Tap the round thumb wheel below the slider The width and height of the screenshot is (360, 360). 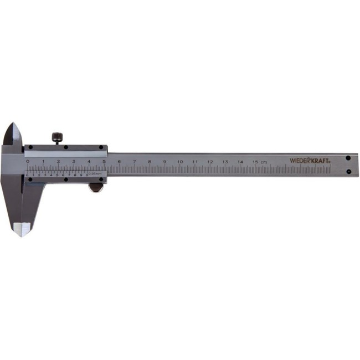click(96, 188)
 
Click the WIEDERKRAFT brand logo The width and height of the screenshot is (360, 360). click(310, 161)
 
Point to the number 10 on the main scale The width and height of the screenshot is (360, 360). click(179, 162)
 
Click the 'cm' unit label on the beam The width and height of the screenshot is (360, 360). click(264, 162)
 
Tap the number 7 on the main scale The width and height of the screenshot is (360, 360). click(134, 162)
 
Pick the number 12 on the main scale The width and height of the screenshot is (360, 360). click(210, 162)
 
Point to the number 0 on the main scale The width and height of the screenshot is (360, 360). click(28, 162)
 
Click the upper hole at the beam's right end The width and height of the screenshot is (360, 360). click(348, 158)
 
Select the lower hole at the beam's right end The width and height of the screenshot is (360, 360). click(348, 171)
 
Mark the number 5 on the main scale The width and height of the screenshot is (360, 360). click(104, 162)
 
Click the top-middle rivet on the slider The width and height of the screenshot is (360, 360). click(66, 147)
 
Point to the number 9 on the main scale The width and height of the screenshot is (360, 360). click(164, 162)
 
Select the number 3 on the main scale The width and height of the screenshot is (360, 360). click(73, 162)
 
